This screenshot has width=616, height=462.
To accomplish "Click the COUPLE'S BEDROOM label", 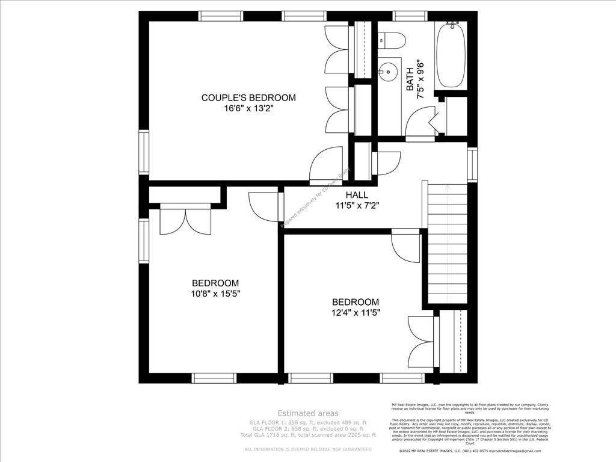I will click(248, 97).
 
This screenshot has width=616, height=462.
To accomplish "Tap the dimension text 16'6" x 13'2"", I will click(248, 109).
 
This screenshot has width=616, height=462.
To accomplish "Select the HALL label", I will click(357, 195).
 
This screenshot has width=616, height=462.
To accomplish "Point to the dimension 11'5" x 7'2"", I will click(357, 206).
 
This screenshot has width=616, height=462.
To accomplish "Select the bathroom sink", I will click(389, 72).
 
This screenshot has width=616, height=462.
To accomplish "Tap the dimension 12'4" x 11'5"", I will click(356, 312).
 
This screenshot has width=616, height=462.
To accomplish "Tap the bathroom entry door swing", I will click(419, 123).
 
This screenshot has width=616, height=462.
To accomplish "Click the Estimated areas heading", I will click(307, 413).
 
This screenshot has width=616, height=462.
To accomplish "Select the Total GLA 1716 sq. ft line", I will click(307, 434).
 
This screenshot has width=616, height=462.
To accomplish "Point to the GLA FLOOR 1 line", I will click(307, 423).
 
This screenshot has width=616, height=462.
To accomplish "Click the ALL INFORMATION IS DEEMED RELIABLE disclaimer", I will click(307, 449).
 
